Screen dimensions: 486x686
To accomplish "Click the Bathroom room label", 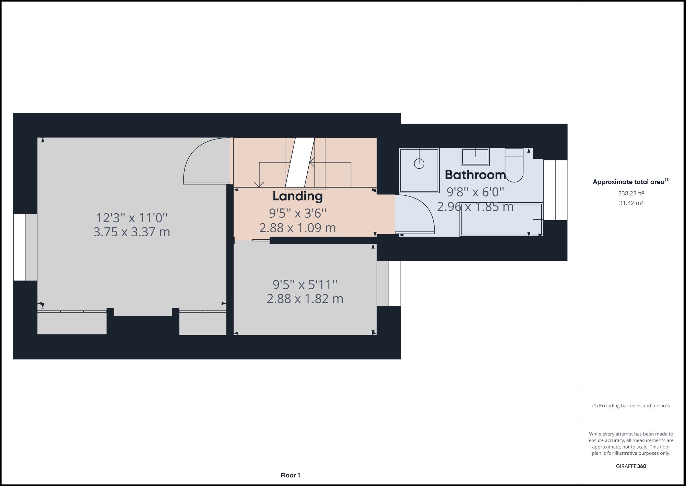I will (x=475, y=175).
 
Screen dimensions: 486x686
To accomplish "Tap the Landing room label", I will (x=297, y=196).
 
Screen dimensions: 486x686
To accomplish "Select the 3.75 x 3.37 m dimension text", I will (x=132, y=232).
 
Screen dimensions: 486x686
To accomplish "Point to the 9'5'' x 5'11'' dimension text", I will (x=305, y=284).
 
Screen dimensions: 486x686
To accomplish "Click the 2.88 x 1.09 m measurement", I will (x=297, y=228).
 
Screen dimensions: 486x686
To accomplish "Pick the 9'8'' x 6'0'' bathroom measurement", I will (x=475, y=192).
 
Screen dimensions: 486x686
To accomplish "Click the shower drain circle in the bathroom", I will (x=419, y=163).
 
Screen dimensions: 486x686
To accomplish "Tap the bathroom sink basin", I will (x=475, y=157).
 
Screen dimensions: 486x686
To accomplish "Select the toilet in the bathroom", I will (x=514, y=166).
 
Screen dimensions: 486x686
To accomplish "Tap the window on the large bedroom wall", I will (x=20, y=247).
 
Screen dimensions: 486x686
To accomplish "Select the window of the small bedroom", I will (x=394, y=283).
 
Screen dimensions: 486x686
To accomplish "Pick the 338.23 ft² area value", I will (x=631, y=193).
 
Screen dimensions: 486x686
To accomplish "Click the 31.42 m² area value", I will (x=631, y=203).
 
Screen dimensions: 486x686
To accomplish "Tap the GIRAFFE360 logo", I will (x=631, y=466).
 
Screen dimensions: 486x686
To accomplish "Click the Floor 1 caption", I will (x=290, y=475).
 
